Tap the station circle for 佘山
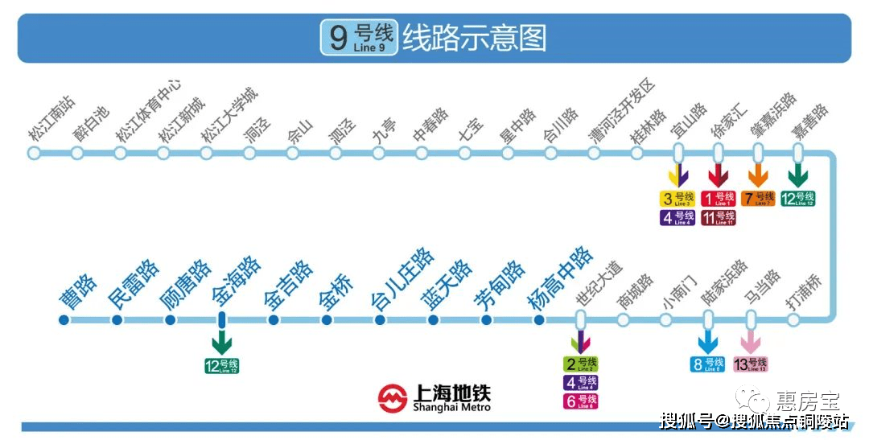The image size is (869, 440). pyautogui.click(x=293, y=153)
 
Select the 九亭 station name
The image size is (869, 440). pyautogui.click(x=385, y=130)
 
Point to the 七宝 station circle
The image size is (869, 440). pyautogui.click(x=464, y=153)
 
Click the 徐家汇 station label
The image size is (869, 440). pyautogui.click(x=730, y=120)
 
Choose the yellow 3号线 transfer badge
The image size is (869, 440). pyautogui.click(x=677, y=198)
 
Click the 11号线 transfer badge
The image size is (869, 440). pyautogui.click(x=718, y=217)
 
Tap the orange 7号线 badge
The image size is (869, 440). pyautogui.click(x=758, y=198)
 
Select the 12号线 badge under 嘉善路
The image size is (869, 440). pyautogui.click(x=798, y=198)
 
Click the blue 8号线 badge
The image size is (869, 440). pyautogui.click(x=708, y=364)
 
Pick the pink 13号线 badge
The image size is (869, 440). pyautogui.click(x=751, y=364)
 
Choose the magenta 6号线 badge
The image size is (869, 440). pyautogui.click(x=580, y=401)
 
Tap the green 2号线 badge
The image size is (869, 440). pyautogui.click(x=580, y=364)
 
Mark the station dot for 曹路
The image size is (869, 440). pyautogui.click(x=64, y=320)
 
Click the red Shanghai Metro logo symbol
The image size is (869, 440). pyautogui.click(x=393, y=397)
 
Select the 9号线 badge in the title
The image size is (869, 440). pyautogui.click(x=359, y=38)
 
